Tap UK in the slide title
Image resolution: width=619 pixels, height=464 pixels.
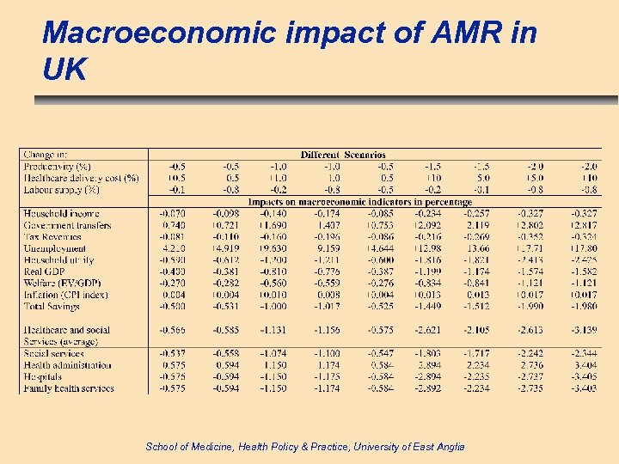point(64,70)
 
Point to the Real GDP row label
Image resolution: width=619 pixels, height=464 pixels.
point(45,272)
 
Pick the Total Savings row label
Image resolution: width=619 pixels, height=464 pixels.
point(54,306)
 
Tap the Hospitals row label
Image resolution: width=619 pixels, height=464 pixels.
point(44,376)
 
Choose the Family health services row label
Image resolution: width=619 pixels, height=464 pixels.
point(68,388)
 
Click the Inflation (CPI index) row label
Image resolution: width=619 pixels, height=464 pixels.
point(65,295)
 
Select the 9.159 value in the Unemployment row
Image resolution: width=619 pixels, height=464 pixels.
point(328,248)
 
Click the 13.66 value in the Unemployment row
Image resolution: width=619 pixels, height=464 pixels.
point(477,248)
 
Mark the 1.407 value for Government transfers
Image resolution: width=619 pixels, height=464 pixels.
point(328,225)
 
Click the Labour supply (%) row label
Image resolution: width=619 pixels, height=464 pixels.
point(61,189)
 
